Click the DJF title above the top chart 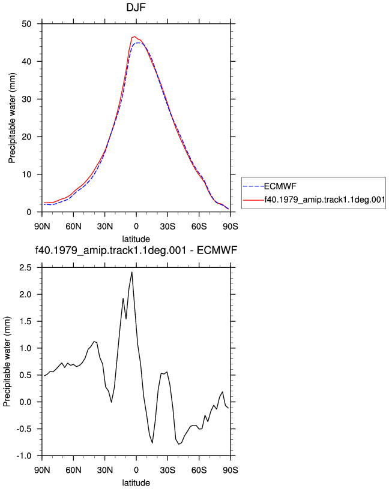(136, 7)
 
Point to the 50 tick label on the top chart (26, 24)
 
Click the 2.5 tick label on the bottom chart (25, 268)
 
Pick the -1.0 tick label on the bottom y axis (24, 456)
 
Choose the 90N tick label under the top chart (42, 227)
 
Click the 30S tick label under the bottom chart (167, 470)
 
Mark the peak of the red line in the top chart (134, 37)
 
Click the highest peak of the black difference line (132, 272)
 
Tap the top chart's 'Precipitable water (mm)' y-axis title (12, 118)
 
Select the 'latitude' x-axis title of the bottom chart (136, 483)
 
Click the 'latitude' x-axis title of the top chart (136, 239)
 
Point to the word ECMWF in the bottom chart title (217, 250)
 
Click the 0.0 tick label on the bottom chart (25, 402)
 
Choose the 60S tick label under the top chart (199, 227)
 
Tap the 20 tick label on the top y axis (26, 137)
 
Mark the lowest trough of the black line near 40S (179, 444)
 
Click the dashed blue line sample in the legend (253, 186)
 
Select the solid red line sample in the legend (253, 200)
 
